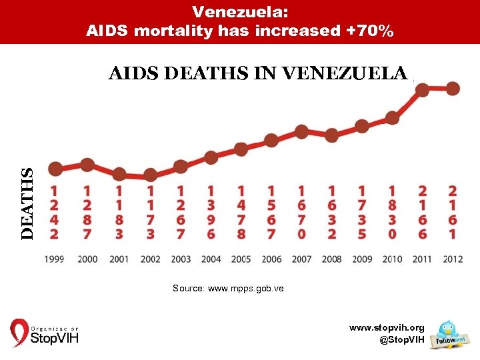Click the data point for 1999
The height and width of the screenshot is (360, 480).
point(55,169)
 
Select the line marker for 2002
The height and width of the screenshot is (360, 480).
point(150,175)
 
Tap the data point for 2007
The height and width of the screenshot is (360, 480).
point(301,131)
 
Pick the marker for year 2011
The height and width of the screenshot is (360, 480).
point(422,89)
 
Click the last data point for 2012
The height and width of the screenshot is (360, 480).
point(453,89)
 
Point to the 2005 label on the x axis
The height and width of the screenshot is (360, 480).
point(241,259)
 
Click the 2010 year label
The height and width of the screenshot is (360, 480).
point(392,259)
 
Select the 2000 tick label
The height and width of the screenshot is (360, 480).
point(87,259)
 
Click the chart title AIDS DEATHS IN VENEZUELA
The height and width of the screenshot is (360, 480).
point(258,73)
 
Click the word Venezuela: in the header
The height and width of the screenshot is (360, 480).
point(239,11)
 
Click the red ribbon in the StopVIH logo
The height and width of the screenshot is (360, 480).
point(19,333)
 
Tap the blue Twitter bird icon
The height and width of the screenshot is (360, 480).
point(446,329)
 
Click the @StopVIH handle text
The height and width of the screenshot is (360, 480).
point(401,340)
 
